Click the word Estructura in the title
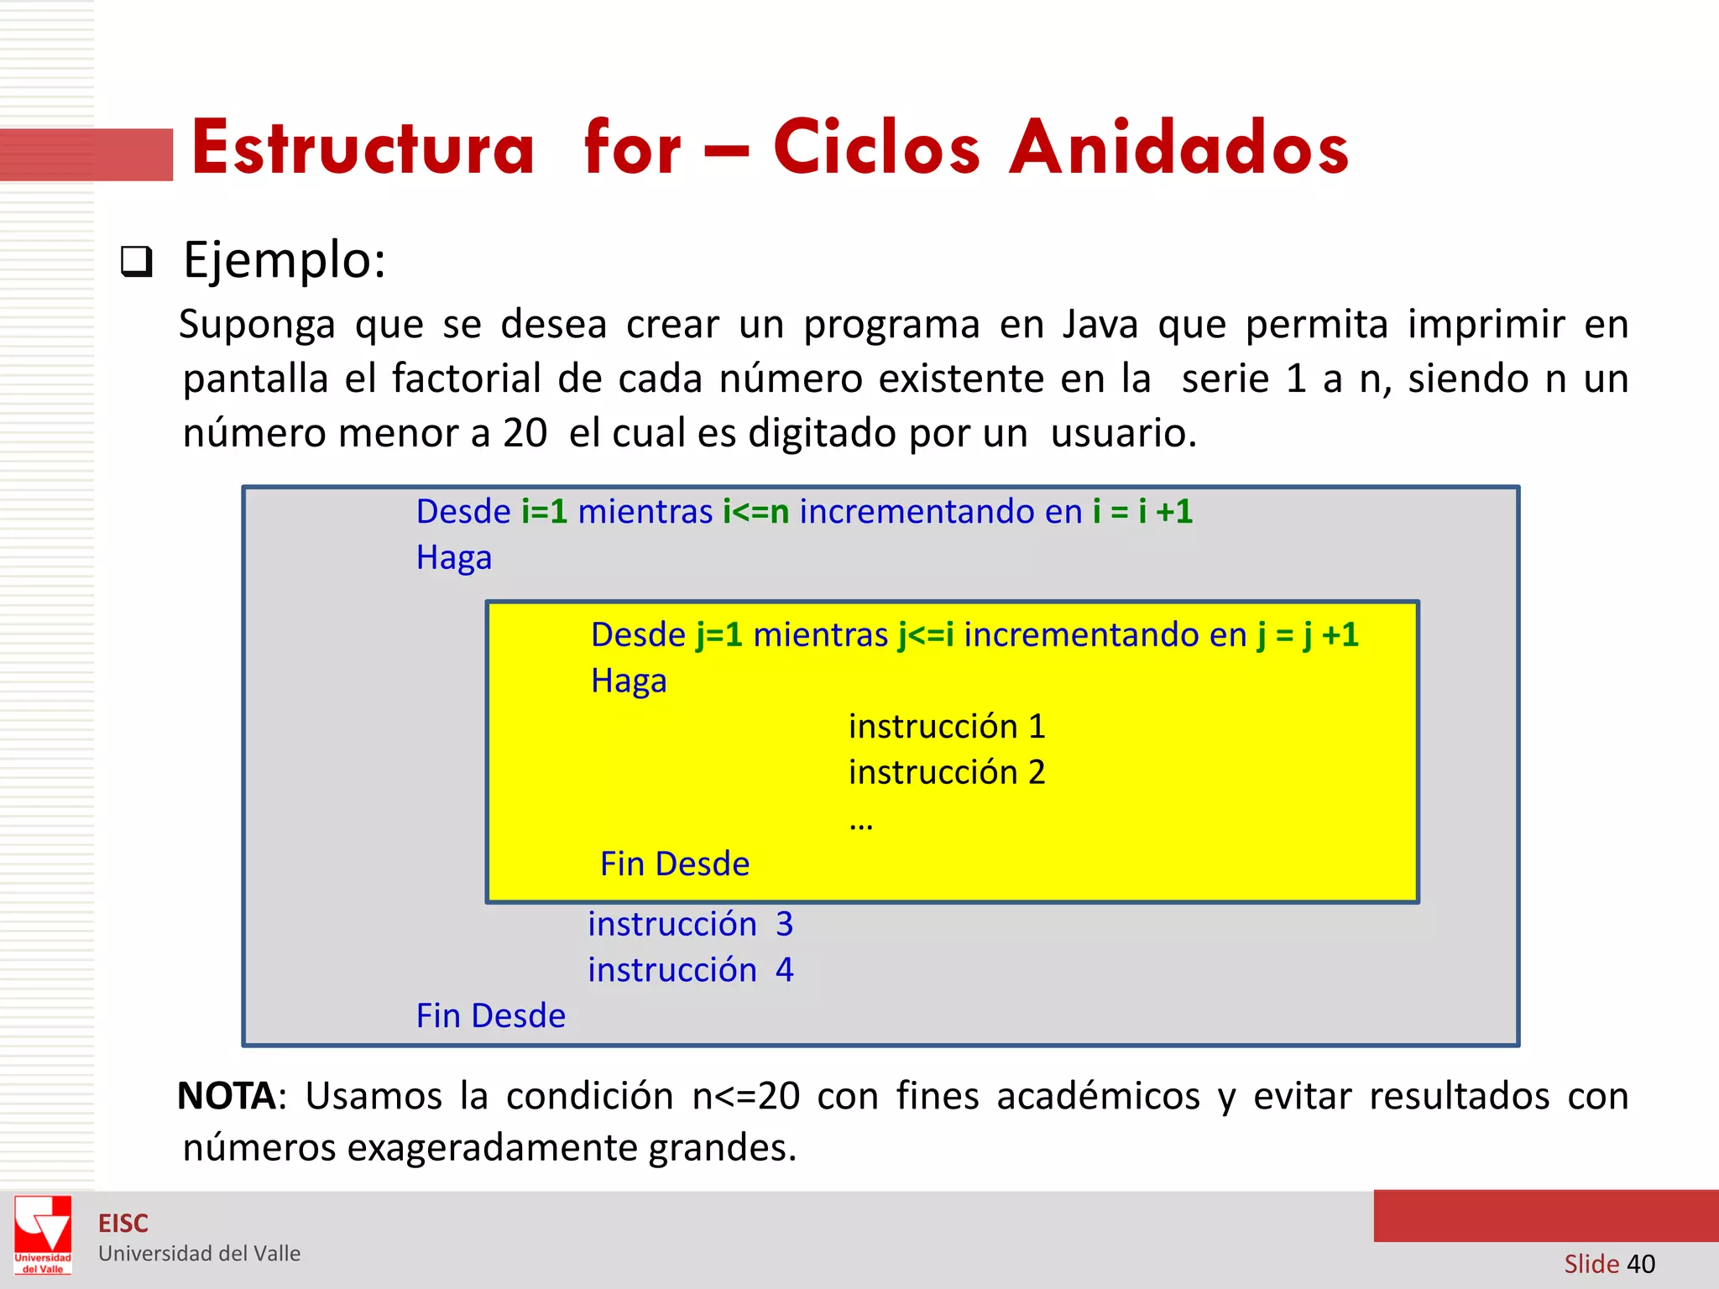(363, 149)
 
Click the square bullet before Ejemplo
(136, 262)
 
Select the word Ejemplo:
(285, 260)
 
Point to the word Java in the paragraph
(1100, 325)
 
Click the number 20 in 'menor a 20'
(525, 434)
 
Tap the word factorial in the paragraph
(466, 379)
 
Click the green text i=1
(544, 512)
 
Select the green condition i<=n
(755, 512)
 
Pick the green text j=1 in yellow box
(719, 635)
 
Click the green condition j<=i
(925, 635)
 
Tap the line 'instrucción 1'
(947, 727)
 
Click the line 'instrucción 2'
(947, 773)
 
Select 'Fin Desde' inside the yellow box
(675, 864)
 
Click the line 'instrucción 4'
(690, 970)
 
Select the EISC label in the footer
(123, 1224)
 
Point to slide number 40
(1640, 1264)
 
